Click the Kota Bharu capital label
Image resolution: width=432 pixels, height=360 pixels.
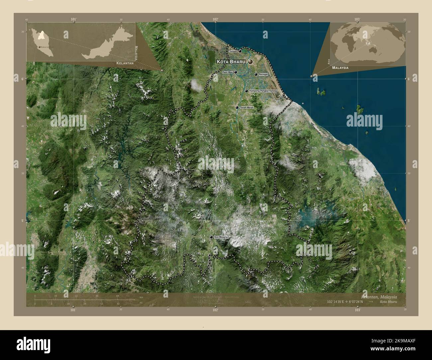[231, 62]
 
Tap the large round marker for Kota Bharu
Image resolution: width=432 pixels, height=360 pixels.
[250, 61]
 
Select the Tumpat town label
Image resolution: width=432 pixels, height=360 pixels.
[233, 51]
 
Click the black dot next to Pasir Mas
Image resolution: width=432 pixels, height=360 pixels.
[235, 72]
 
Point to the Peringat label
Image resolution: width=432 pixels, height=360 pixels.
[263, 75]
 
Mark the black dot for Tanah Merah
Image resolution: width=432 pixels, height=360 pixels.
[237, 108]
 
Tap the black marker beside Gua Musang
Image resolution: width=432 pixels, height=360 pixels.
[211, 237]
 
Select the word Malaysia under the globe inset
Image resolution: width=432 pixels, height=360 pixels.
[340, 67]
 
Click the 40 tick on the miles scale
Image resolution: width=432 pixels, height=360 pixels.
[118, 304]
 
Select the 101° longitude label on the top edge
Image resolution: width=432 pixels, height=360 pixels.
[74, 20]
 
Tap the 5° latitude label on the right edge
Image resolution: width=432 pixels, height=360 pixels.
[409, 221]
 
